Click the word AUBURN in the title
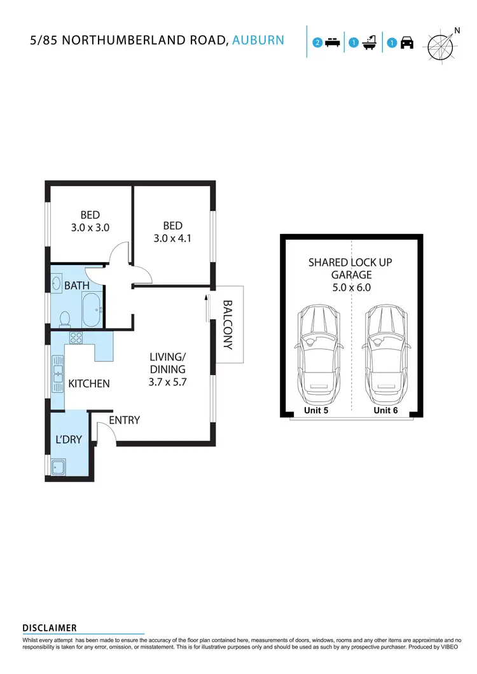click(258, 41)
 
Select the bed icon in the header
click(331, 43)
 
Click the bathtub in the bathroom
click(93, 310)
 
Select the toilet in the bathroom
click(64, 319)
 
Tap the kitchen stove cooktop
click(76, 338)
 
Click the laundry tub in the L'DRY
click(60, 467)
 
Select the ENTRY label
click(124, 420)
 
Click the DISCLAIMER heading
click(50, 628)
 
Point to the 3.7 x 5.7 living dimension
click(168, 382)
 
